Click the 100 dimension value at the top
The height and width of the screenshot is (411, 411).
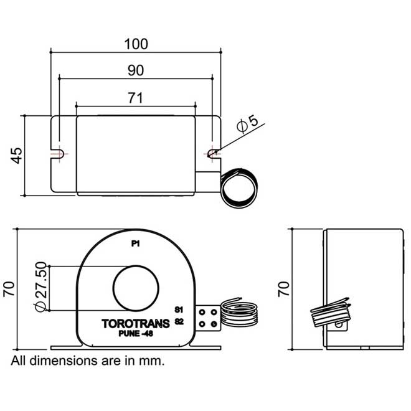136,44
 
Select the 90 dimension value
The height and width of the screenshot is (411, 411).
136,70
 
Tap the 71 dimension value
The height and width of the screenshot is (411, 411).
136,97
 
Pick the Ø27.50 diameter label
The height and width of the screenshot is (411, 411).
39,286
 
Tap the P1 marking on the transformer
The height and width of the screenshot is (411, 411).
135,244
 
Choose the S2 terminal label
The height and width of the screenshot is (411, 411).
179,321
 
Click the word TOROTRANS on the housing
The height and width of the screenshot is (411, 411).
135,323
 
